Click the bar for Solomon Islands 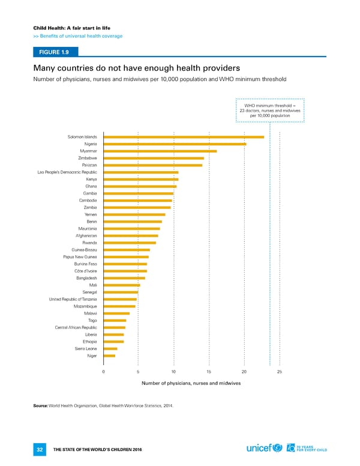click(x=184, y=137)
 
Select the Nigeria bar click(x=175, y=144)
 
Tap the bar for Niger click(x=109, y=356)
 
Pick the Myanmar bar click(x=160, y=151)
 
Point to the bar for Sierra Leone click(x=110, y=348)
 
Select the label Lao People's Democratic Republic click(x=67, y=172)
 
